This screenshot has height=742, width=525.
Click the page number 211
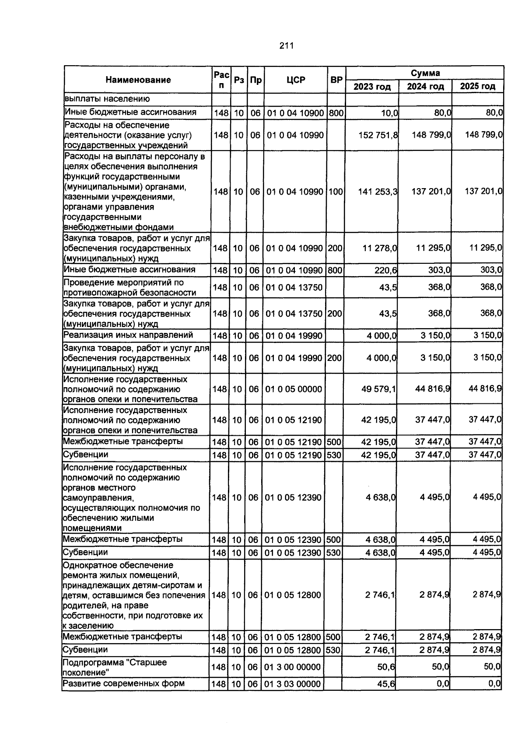pyautogui.click(x=286, y=45)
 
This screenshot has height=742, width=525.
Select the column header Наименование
pyautogui.click(x=138, y=80)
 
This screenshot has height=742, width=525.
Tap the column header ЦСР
pyautogui.click(x=296, y=80)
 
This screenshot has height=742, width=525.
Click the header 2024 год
pyautogui.click(x=425, y=86)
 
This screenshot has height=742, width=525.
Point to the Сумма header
pyautogui.click(x=425, y=73)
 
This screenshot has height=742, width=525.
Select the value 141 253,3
pyautogui.click(x=377, y=192)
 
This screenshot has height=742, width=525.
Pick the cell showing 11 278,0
pyautogui.click(x=379, y=248)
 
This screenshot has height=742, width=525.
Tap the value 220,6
pyautogui.click(x=385, y=270)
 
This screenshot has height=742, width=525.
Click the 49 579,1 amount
pyautogui.click(x=378, y=389)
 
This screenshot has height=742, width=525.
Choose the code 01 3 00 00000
pyautogui.click(x=293, y=667)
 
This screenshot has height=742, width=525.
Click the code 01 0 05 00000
pyautogui.click(x=293, y=389)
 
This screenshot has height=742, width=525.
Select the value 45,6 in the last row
pyautogui.click(x=386, y=683)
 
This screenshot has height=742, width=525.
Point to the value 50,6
pyautogui.click(x=386, y=667)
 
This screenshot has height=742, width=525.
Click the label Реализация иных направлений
pyautogui.click(x=128, y=335)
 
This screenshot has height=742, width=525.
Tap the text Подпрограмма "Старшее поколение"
pyautogui.click(x=115, y=667)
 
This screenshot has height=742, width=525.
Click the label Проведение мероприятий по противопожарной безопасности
pyautogui.click(x=129, y=287)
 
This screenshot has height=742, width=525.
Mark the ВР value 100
pyautogui.click(x=335, y=192)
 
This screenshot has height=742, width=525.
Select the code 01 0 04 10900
pyautogui.click(x=295, y=113)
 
